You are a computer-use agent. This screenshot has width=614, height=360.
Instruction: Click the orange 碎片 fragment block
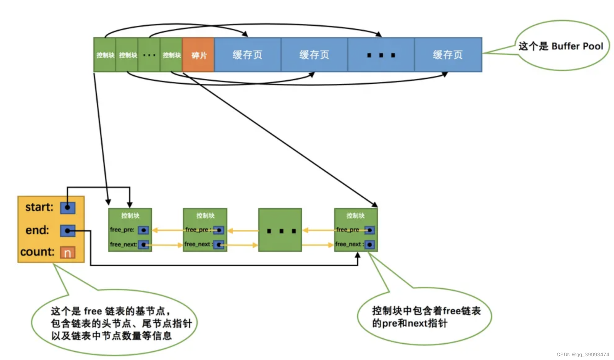pos(198,55)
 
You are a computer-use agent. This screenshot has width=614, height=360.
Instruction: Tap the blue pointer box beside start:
pos(68,208)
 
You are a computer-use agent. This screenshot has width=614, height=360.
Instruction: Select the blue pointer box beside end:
pos(68,231)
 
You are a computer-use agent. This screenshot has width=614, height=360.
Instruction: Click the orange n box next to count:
pos(68,253)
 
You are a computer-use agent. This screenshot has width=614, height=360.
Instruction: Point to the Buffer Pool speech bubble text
pos(561,46)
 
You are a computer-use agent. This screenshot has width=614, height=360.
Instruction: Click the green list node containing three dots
pos(280,230)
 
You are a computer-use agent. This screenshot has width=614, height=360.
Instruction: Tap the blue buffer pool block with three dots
pos(381,55)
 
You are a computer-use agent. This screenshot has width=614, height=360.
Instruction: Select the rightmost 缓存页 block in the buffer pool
pos(448,55)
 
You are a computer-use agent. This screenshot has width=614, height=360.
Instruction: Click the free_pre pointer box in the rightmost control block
pos(370,230)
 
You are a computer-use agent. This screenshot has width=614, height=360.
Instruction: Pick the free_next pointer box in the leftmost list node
pos(143,245)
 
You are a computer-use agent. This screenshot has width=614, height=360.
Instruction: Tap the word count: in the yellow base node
pos(37,252)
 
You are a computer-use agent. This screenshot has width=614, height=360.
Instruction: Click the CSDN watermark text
pos(582,354)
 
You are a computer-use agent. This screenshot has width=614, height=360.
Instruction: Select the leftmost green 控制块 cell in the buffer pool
pos(105,55)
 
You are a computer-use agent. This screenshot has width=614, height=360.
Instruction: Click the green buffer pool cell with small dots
pos(149,55)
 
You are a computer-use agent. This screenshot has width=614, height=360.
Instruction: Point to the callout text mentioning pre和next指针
pos(426,317)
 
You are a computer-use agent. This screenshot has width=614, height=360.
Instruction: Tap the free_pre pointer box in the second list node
pos(219,230)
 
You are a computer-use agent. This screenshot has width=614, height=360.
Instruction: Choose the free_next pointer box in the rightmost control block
pos(370,245)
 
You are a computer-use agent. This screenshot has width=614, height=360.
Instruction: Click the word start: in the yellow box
pos(39,207)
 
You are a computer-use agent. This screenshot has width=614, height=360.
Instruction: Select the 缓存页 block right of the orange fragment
pos(247,55)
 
